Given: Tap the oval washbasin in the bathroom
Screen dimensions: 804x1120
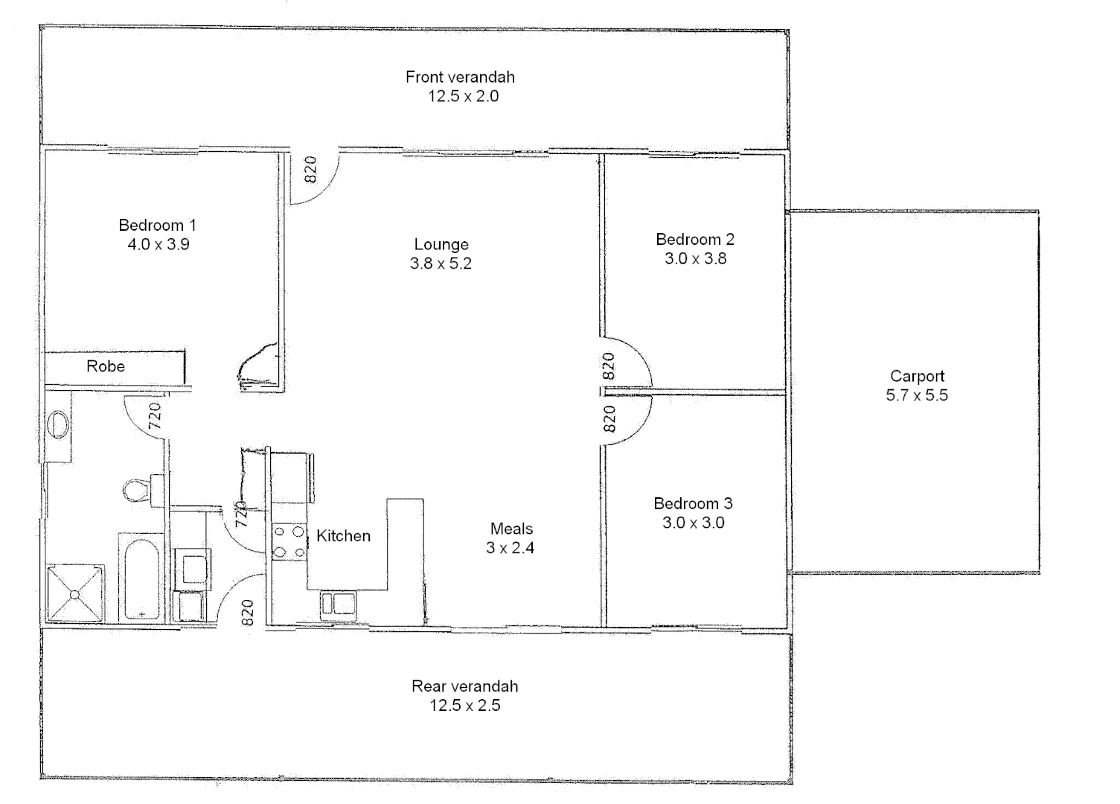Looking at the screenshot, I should coord(59,426).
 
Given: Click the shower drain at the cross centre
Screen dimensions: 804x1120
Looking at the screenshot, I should coord(75,593).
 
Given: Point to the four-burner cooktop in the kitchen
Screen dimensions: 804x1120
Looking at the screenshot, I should coord(289,541).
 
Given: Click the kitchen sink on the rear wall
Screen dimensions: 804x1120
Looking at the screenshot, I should coord(338,604).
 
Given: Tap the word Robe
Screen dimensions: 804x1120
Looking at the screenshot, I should coord(106,366).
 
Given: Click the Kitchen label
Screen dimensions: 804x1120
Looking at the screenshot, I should coord(343,536).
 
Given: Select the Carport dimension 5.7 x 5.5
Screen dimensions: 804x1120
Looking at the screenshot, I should coord(917,396).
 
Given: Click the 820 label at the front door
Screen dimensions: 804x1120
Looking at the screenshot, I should coord(311,169).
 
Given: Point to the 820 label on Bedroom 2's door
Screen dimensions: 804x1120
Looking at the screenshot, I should coord(609,366).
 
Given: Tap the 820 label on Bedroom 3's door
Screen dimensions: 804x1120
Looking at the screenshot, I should coord(609,419).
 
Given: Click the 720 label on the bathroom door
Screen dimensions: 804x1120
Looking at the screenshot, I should coord(155,415).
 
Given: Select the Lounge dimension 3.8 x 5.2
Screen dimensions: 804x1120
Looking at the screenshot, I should coord(441,264).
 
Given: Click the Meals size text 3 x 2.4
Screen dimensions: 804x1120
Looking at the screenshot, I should coord(511,548).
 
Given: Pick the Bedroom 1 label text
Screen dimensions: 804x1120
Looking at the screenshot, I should coord(157,225).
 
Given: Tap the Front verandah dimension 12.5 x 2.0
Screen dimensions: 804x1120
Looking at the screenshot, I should coord(463,96).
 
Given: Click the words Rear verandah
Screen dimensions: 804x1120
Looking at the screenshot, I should coord(464,686).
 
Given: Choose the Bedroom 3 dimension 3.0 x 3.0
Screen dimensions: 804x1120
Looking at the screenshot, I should coord(693,523).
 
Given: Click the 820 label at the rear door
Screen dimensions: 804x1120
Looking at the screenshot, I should coord(249,612).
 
